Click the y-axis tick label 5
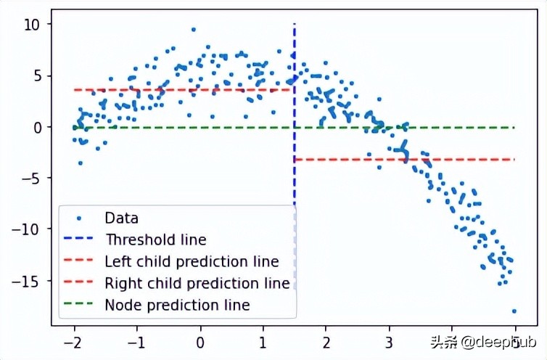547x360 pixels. (x=34, y=76)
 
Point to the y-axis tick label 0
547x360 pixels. (x=34, y=127)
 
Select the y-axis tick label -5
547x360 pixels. (x=30, y=179)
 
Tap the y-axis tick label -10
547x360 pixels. (x=27, y=229)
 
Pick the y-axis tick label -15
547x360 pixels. (x=27, y=281)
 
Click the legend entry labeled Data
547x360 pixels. (x=121, y=217)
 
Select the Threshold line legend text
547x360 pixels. (x=156, y=239)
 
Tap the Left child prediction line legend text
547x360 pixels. (x=192, y=261)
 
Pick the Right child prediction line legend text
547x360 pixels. (x=197, y=283)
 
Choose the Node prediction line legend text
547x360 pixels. (x=177, y=305)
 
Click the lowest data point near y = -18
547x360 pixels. (x=514, y=311)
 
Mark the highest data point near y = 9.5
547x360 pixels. (x=193, y=30)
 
